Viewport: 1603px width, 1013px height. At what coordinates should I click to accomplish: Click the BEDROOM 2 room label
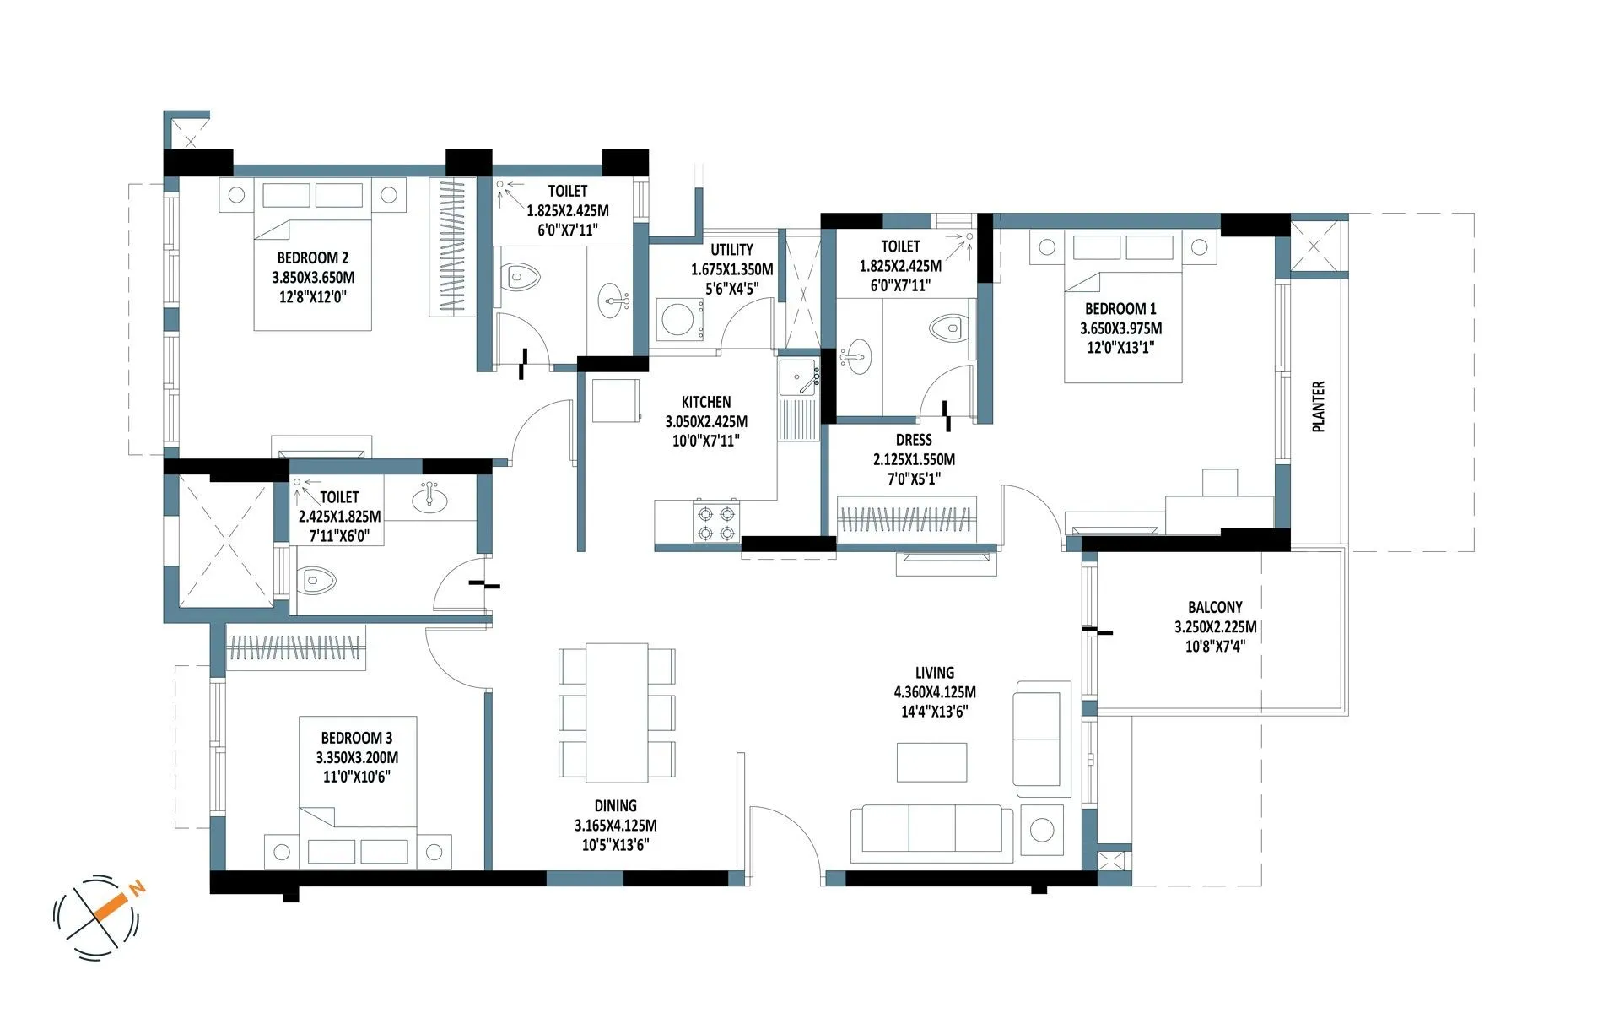click(x=312, y=257)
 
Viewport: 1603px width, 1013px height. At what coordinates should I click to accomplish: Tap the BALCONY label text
click(x=1215, y=607)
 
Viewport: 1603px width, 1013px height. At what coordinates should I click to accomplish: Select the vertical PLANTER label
click(x=1319, y=407)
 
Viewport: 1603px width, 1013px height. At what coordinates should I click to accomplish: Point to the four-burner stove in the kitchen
click(x=715, y=523)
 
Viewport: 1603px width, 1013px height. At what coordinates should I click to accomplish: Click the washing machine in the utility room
click(x=678, y=320)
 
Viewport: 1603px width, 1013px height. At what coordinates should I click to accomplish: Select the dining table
click(x=617, y=712)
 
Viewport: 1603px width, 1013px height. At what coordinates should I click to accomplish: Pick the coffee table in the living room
click(x=931, y=762)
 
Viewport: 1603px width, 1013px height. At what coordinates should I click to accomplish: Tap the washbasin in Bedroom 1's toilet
click(x=857, y=355)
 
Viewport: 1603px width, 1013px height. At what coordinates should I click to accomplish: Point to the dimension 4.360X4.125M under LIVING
click(x=934, y=692)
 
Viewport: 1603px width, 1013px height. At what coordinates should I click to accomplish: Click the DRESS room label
click(x=914, y=440)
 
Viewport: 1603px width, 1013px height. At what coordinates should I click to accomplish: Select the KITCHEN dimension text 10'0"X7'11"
click(x=705, y=441)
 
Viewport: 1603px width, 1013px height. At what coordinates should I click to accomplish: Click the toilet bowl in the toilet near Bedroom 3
click(x=319, y=581)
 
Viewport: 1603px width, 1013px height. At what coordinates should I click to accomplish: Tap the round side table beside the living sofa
click(x=1042, y=829)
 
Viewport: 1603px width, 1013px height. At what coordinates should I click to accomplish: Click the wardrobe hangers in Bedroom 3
click(x=295, y=647)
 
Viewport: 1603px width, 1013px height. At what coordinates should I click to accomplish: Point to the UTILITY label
click(x=731, y=250)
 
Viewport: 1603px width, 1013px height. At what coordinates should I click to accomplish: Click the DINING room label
click(x=615, y=806)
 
